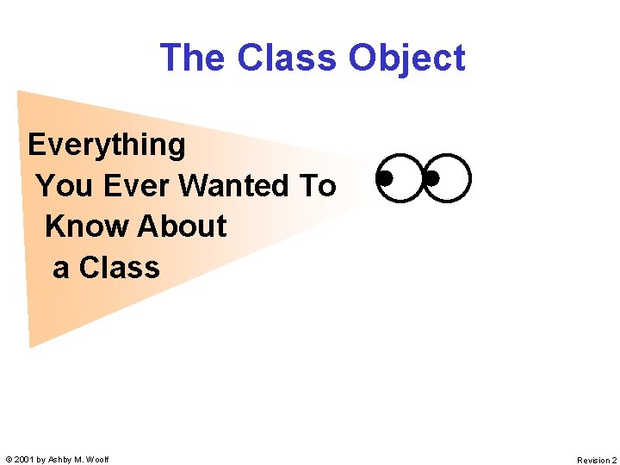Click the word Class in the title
pyautogui.click(x=288, y=58)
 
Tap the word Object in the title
pyautogui.click(x=406, y=58)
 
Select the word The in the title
pyautogui.click(x=193, y=58)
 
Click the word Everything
pyautogui.click(x=107, y=145)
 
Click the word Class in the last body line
pyautogui.click(x=119, y=268)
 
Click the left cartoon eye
pyautogui.click(x=400, y=178)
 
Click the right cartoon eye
pyautogui.click(x=449, y=178)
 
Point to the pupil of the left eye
pyautogui.click(x=386, y=178)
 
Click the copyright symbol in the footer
pyautogui.click(x=8, y=460)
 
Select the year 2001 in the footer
pyautogui.click(x=23, y=460)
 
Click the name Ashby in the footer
pyautogui.click(x=59, y=460)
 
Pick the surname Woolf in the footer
pyautogui.click(x=97, y=460)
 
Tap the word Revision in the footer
pyautogui.click(x=592, y=461)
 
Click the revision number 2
pyautogui.click(x=614, y=461)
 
